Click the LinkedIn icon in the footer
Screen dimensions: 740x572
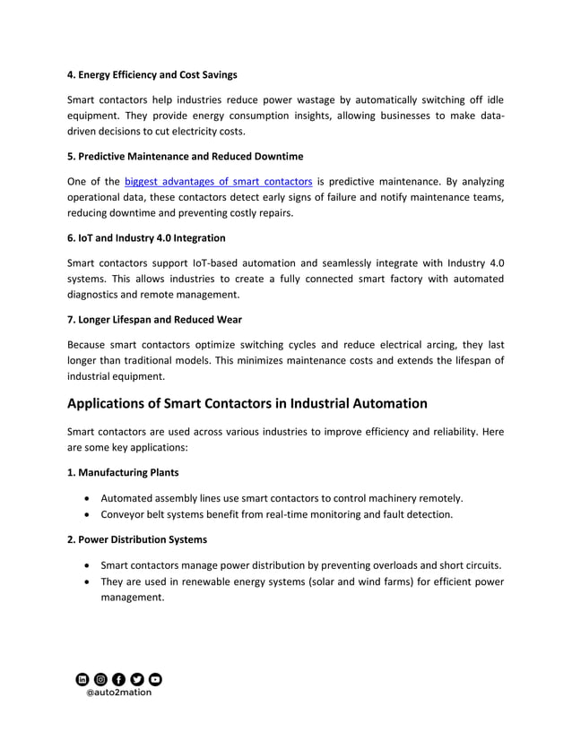click(82, 679)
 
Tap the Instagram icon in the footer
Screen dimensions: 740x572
click(100, 679)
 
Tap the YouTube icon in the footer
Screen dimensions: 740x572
click(155, 679)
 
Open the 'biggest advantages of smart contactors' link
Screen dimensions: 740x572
click(218, 181)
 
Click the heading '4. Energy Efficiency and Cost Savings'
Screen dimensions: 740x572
click(152, 74)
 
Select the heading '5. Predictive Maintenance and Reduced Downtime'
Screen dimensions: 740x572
click(185, 156)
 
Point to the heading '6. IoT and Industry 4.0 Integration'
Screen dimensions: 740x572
click(146, 238)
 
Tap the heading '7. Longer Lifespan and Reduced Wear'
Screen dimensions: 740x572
click(154, 320)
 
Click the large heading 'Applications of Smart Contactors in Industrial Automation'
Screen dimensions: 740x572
click(247, 403)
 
